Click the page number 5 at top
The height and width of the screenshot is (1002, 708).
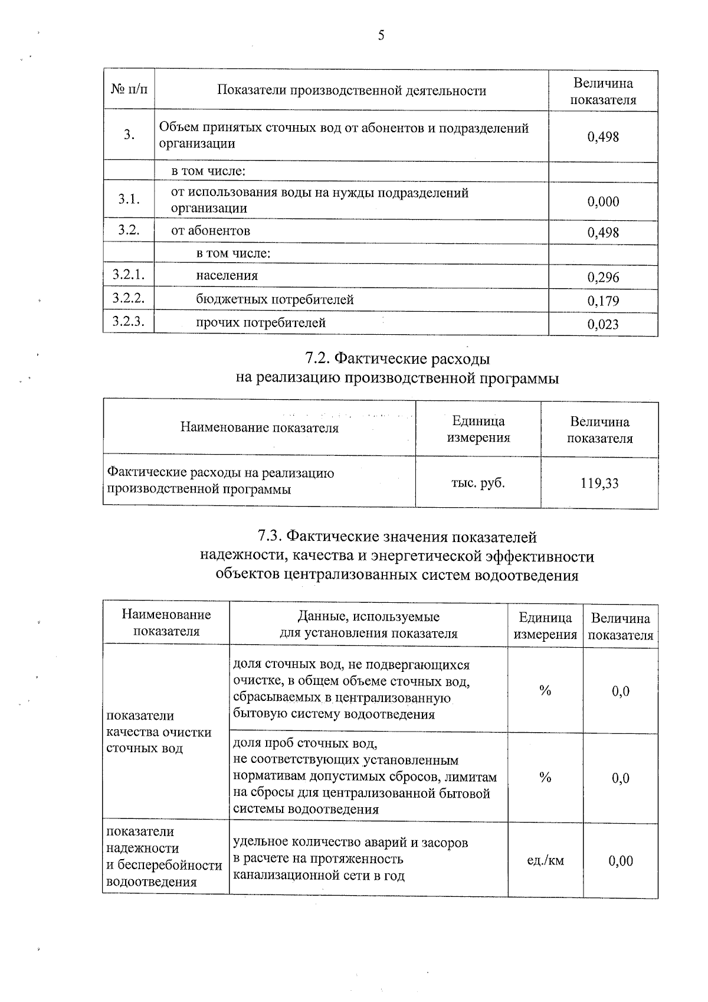click(381, 36)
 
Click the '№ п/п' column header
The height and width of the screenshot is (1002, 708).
click(129, 90)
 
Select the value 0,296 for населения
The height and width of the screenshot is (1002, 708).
click(603, 277)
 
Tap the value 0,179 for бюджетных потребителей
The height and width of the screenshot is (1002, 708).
click(603, 301)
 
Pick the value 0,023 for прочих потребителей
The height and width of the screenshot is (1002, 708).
click(603, 324)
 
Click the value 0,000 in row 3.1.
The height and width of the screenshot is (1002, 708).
click(603, 201)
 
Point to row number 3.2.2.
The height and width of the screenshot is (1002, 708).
click(129, 298)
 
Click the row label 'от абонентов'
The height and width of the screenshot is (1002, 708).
click(210, 230)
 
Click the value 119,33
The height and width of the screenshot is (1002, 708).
click(599, 484)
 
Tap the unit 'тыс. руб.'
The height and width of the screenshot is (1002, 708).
click(478, 482)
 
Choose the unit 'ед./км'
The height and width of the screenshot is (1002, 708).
click(545, 860)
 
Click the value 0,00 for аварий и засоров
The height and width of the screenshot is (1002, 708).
click(621, 860)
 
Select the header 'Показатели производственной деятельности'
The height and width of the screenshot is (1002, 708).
click(352, 90)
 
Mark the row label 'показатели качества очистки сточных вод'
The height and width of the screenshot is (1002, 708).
click(158, 732)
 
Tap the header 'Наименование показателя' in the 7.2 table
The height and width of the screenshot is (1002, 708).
click(260, 427)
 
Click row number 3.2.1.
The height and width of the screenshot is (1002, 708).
click(129, 274)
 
